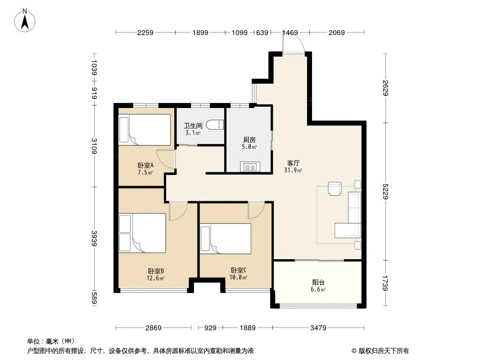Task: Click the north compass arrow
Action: click(25, 22)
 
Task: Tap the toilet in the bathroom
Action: click(215, 125)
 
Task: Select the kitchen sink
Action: click(250, 167)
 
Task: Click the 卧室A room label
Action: click(145, 165)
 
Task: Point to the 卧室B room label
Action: click(156, 271)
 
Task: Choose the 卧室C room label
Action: click(239, 270)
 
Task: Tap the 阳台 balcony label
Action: click(318, 282)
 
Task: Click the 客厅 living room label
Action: click(293, 163)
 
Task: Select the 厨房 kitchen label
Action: click(249, 140)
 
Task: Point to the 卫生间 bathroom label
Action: click(193, 126)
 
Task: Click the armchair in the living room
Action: click(335, 188)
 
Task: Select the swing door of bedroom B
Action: click(178, 211)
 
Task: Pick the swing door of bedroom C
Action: click(256, 211)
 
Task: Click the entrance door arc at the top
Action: click(294, 43)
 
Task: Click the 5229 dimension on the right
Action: click(385, 191)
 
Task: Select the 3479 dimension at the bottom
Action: click(318, 328)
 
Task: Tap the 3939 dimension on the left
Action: click(94, 238)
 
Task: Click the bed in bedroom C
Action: click(226, 238)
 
